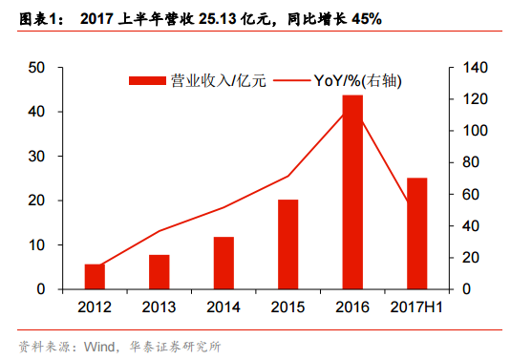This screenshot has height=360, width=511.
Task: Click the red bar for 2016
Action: click(352, 192)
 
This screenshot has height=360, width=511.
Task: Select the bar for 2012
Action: click(94, 277)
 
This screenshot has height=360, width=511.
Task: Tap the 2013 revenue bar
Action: click(159, 272)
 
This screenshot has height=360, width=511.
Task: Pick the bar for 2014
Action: click(223, 263)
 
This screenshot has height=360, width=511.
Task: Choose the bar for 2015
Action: click(287, 244)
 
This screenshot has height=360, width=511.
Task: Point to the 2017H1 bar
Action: click(417, 233)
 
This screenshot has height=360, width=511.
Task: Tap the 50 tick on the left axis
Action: click(38, 68)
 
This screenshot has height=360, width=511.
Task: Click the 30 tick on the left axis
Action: click(38, 157)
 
